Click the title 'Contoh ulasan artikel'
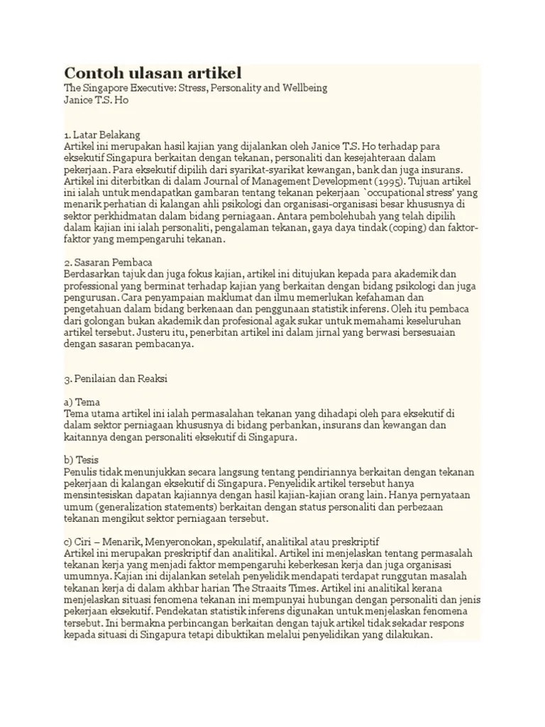pos(153,72)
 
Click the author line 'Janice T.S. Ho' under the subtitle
pos(97,100)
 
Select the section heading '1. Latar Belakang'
pos(102,133)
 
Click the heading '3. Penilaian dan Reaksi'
pos(116,379)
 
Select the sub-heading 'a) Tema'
pos(82,402)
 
